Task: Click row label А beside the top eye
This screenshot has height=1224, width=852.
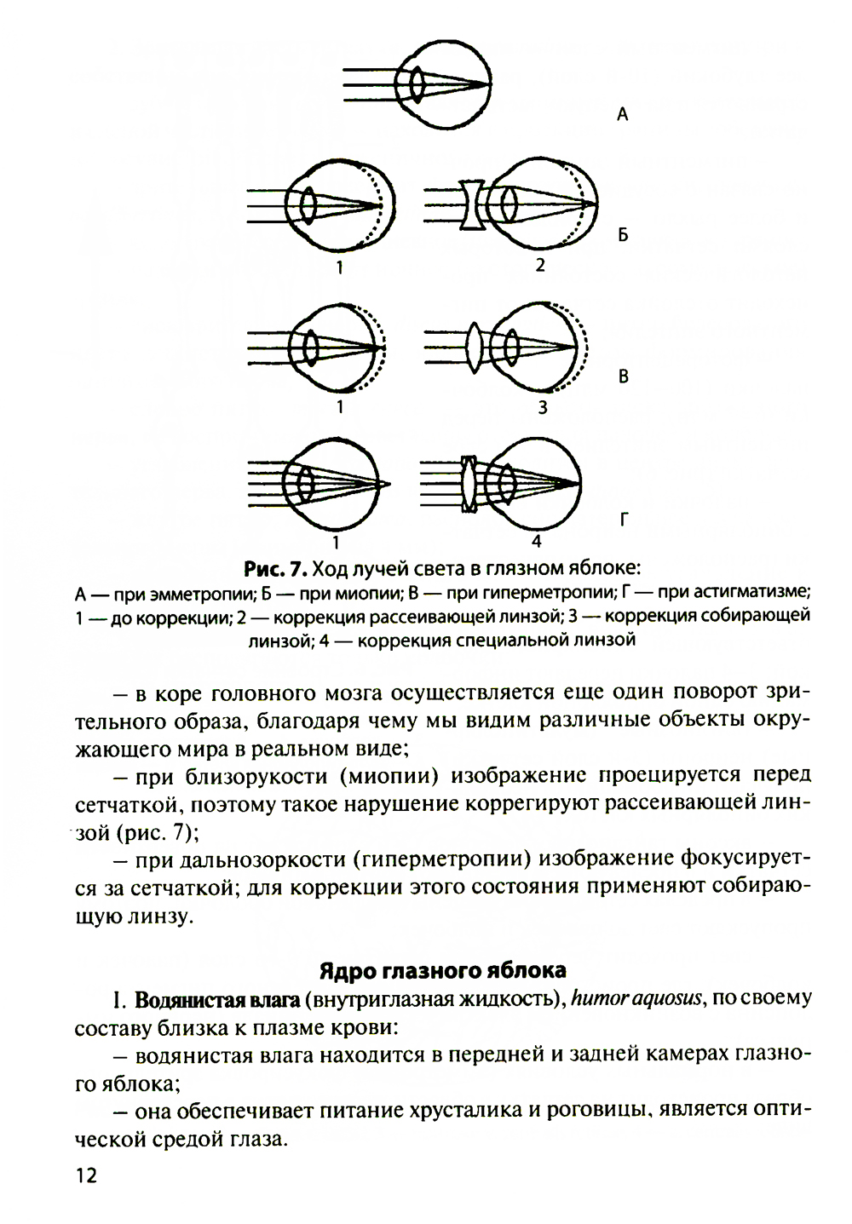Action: [x=622, y=113]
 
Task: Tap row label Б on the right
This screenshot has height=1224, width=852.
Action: [x=623, y=235]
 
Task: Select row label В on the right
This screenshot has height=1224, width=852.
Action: [x=623, y=376]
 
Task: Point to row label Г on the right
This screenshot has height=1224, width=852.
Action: [x=623, y=519]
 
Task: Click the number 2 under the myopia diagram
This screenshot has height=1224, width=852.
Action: [x=539, y=266]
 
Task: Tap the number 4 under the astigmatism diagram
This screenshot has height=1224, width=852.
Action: [x=536, y=541]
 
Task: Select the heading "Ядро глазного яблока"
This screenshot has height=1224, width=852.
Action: [x=443, y=970]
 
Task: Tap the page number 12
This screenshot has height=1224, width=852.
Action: [x=86, y=1176]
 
